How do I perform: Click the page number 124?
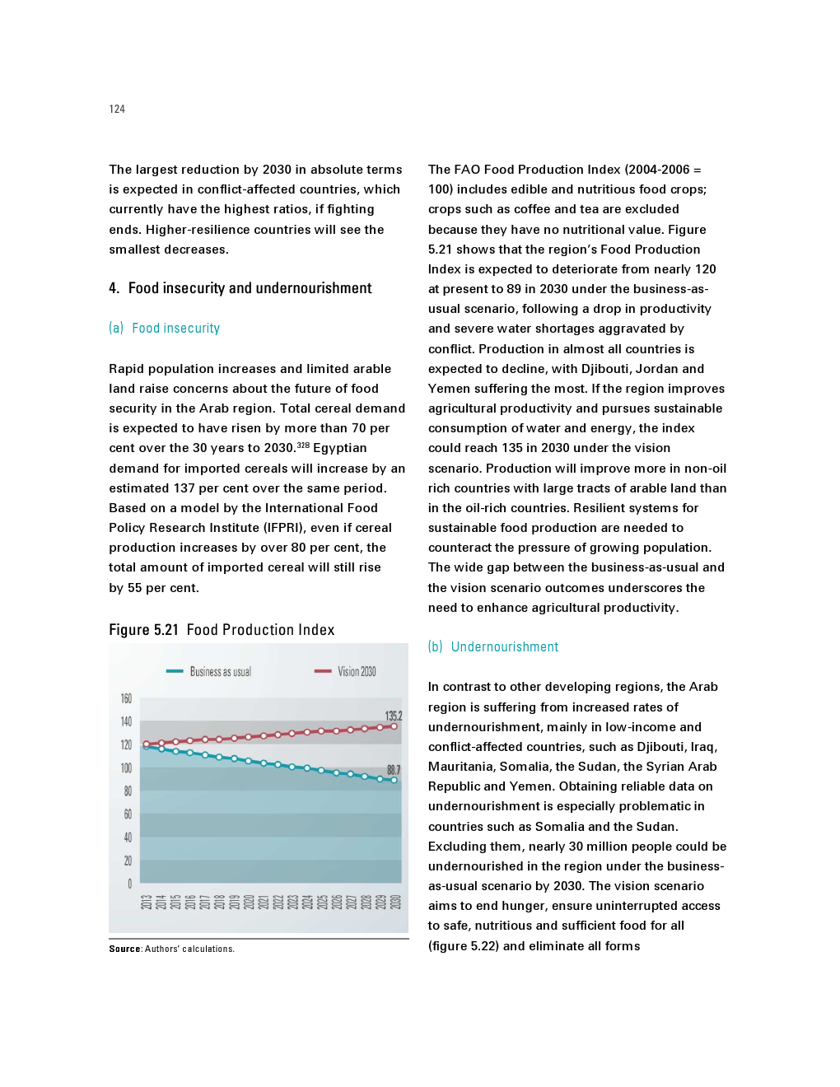tap(117, 109)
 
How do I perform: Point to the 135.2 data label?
tap(394, 716)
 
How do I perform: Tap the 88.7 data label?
tap(394, 770)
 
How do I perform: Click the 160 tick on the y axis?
tap(126, 698)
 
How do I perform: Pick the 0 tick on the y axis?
tap(129, 884)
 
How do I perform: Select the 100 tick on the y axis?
tap(126, 768)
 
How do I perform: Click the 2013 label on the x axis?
tap(146, 902)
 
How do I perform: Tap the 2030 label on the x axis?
tap(395, 902)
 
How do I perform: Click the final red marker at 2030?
tap(394, 726)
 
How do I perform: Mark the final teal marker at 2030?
tap(394, 780)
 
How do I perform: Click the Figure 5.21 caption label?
tap(143, 630)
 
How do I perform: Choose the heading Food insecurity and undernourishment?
tap(250, 288)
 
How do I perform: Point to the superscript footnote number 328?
tap(303, 445)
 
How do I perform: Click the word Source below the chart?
tap(124, 949)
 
